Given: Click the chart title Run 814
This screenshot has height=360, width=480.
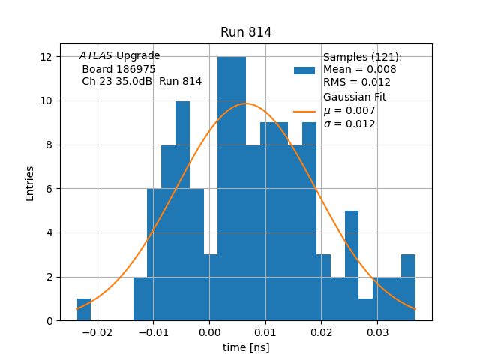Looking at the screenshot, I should tap(246, 32).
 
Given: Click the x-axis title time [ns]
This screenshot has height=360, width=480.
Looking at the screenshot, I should tap(246, 347).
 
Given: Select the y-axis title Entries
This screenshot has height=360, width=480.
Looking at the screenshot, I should tap(30, 183).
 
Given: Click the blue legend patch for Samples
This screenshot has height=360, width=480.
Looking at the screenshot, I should tap(304, 70).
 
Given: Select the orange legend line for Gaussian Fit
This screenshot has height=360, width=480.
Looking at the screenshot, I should tap(304, 111).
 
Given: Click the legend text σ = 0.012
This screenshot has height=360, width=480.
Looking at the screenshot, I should tap(349, 124).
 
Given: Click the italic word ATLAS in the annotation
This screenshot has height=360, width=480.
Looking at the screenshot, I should tap(96, 56).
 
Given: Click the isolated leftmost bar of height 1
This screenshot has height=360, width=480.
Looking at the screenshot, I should tap(84, 310).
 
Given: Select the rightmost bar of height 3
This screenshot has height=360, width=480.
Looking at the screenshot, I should tap(408, 288).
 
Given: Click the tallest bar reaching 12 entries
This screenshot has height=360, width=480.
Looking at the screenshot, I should tap(232, 187).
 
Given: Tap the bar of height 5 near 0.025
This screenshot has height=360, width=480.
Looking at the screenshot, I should tap(352, 265).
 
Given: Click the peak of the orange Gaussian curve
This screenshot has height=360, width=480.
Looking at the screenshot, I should tap(246, 103).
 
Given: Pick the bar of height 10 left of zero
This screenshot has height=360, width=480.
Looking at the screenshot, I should tap(182, 210).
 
